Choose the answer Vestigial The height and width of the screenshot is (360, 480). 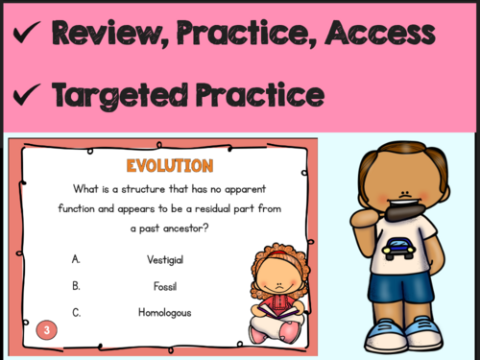[x=165, y=259]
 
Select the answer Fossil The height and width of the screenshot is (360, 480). [x=164, y=286]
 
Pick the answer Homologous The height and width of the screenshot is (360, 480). [x=165, y=312]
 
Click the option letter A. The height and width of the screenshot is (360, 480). [x=76, y=259]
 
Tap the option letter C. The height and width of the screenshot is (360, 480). [x=76, y=312]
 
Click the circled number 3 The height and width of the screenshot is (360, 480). [x=44, y=331]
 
